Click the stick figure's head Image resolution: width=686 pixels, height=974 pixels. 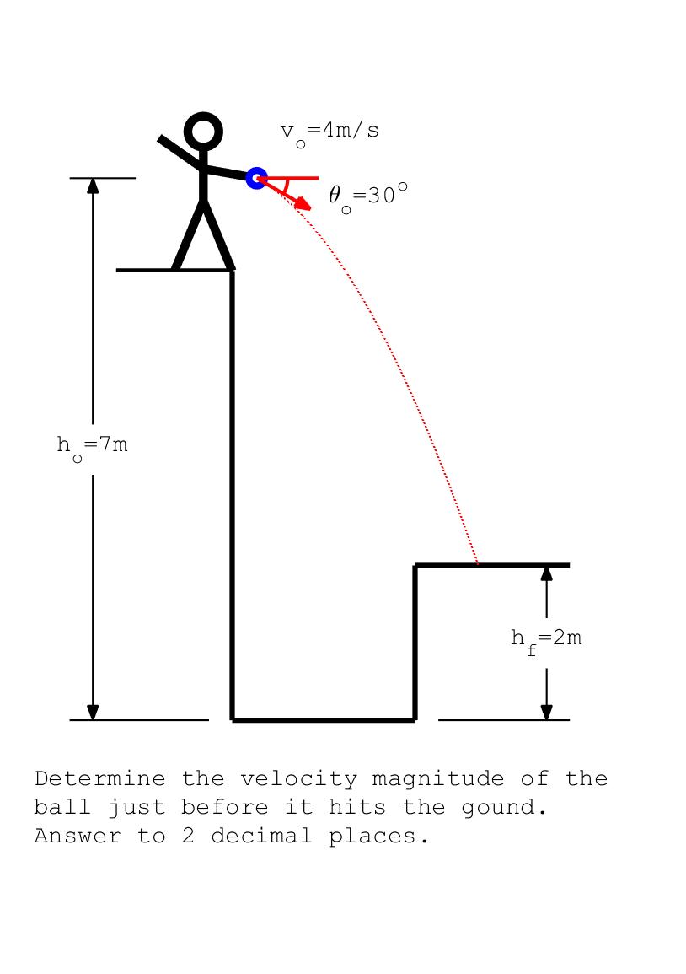click(x=203, y=132)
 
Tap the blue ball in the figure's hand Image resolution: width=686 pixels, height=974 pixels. click(x=257, y=178)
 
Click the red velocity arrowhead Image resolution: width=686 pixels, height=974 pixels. click(x=304, y=205)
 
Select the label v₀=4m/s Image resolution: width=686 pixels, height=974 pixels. click(x=330, y=132)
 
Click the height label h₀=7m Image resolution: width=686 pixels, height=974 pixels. click(x=93, y=445)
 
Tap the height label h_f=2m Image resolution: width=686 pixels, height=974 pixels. click(x=546, y=639)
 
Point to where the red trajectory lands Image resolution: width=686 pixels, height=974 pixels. click(x=478, y=563)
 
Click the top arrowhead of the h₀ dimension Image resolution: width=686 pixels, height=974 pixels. click(x=93, y=186)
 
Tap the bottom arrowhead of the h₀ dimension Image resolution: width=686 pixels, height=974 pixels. click(x=93, y=713)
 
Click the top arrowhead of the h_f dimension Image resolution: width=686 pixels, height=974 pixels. click(x=546, y=573)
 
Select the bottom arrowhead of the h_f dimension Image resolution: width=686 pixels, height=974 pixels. click(x=546, y=712)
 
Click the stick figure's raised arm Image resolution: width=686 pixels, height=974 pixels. click(x=180, y=150)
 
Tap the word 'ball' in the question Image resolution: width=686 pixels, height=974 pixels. click(x=63, y=808)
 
